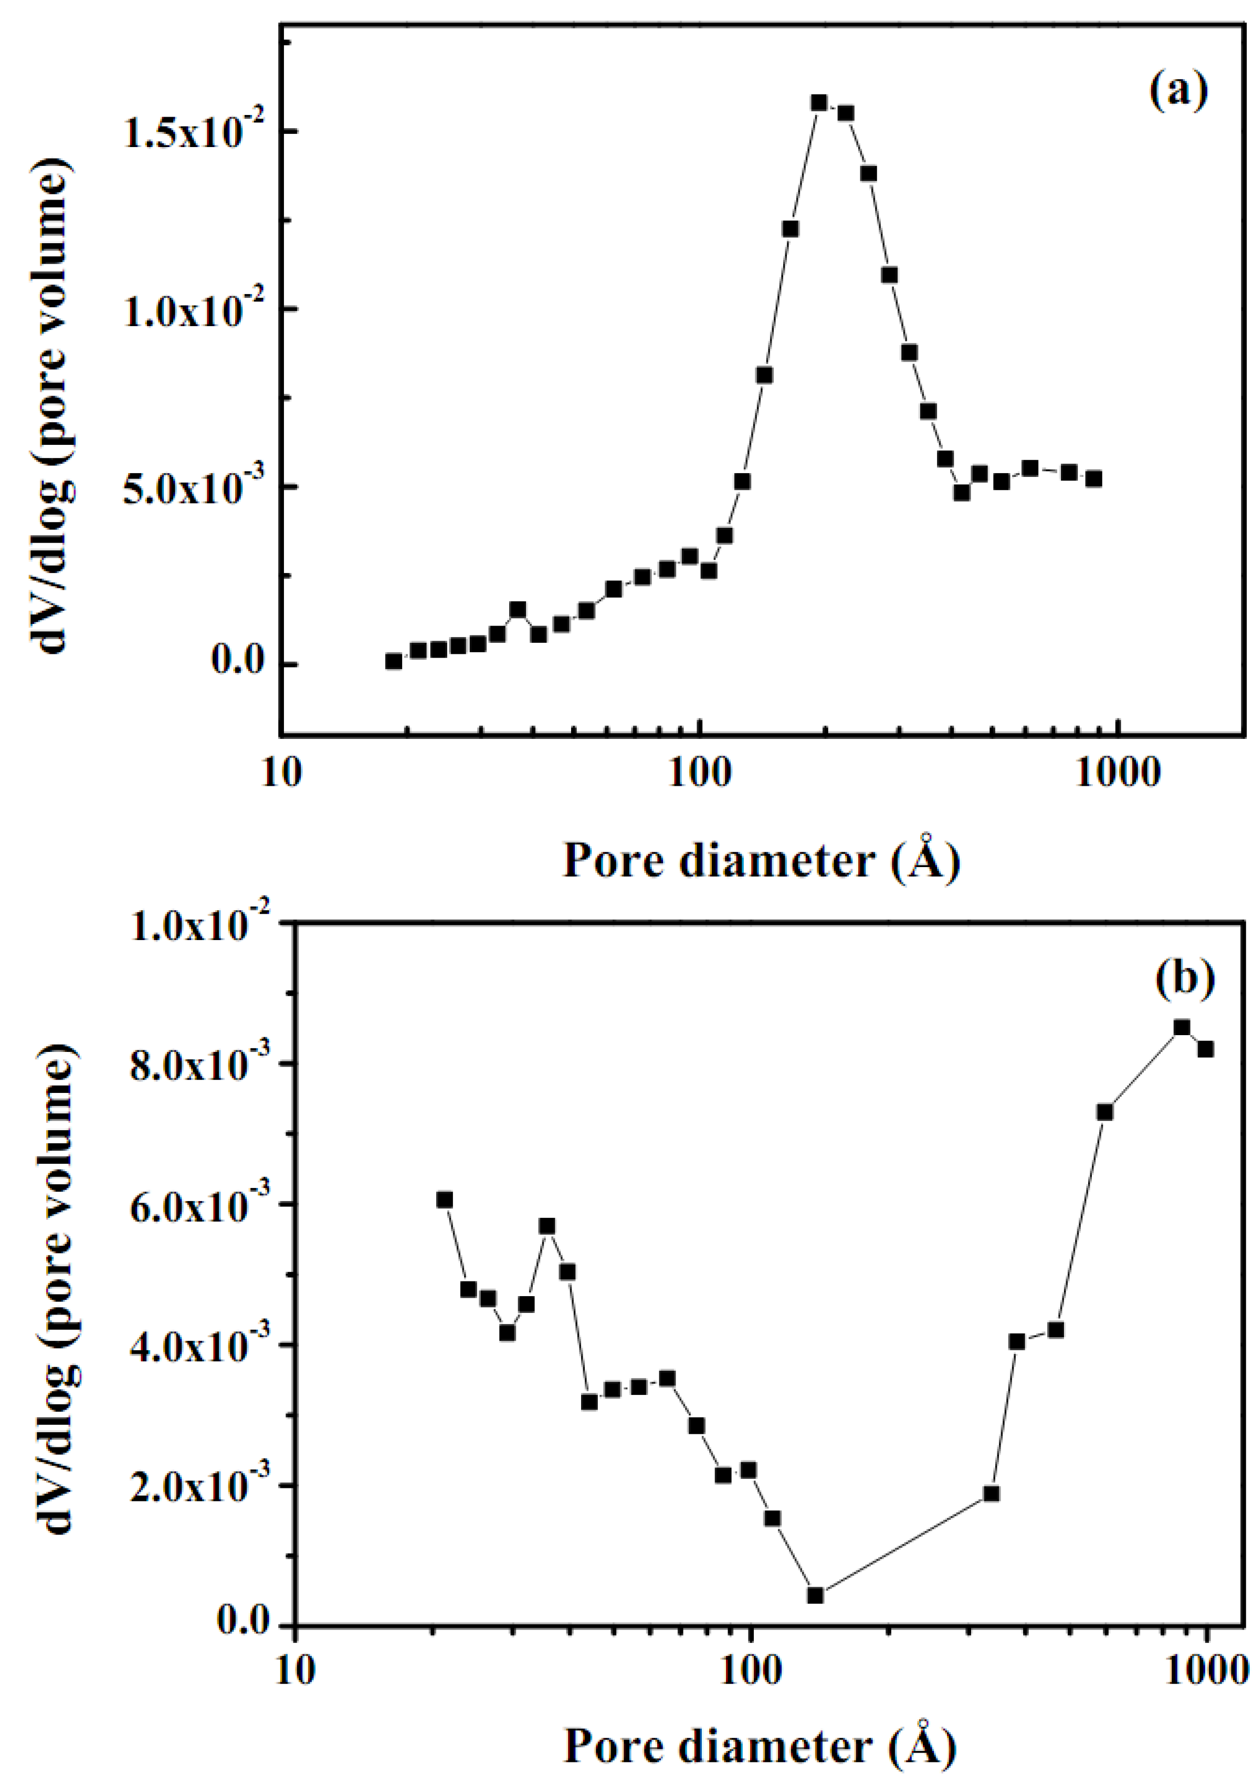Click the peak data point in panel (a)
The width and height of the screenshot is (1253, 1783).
[819, 102]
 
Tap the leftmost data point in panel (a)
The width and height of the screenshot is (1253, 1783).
[394, 661]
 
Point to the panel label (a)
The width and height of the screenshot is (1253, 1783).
[1178, 91]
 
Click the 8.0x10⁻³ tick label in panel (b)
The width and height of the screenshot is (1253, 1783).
[197, 1066]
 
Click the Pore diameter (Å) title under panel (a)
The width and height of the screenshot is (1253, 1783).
[761, 860]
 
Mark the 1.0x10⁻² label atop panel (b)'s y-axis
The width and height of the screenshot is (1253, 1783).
[197, 926]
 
